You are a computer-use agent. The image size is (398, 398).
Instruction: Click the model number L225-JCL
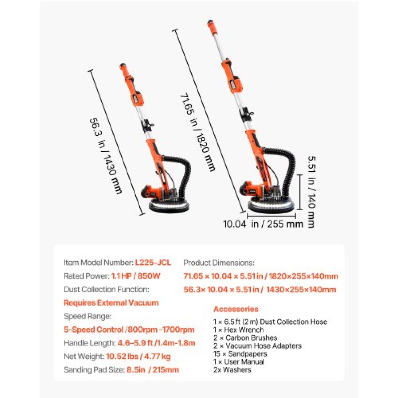click(x=153, y=263)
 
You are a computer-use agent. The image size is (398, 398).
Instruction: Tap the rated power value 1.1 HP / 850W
click(x=136, y=276)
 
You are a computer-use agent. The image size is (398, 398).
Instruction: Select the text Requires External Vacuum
click(x=111, y=303)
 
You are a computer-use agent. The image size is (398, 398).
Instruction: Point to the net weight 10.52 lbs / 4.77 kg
click(x=138, y=357)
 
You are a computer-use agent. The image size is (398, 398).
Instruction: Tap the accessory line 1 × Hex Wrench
click(x=238, y=330)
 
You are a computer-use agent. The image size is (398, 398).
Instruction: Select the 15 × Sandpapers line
click(x=240, y=354)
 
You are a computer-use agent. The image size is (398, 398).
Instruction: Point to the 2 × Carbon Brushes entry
click(x=245, y=338)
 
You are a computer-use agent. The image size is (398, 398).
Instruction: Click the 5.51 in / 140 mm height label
click(x=310, y=192)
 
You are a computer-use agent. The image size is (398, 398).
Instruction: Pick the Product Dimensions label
click(x=219, y=263)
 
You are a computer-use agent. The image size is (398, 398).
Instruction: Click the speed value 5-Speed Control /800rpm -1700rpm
click(x=129, y=329)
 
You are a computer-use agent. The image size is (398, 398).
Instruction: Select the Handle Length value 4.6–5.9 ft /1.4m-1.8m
click(x=156, y=343)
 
